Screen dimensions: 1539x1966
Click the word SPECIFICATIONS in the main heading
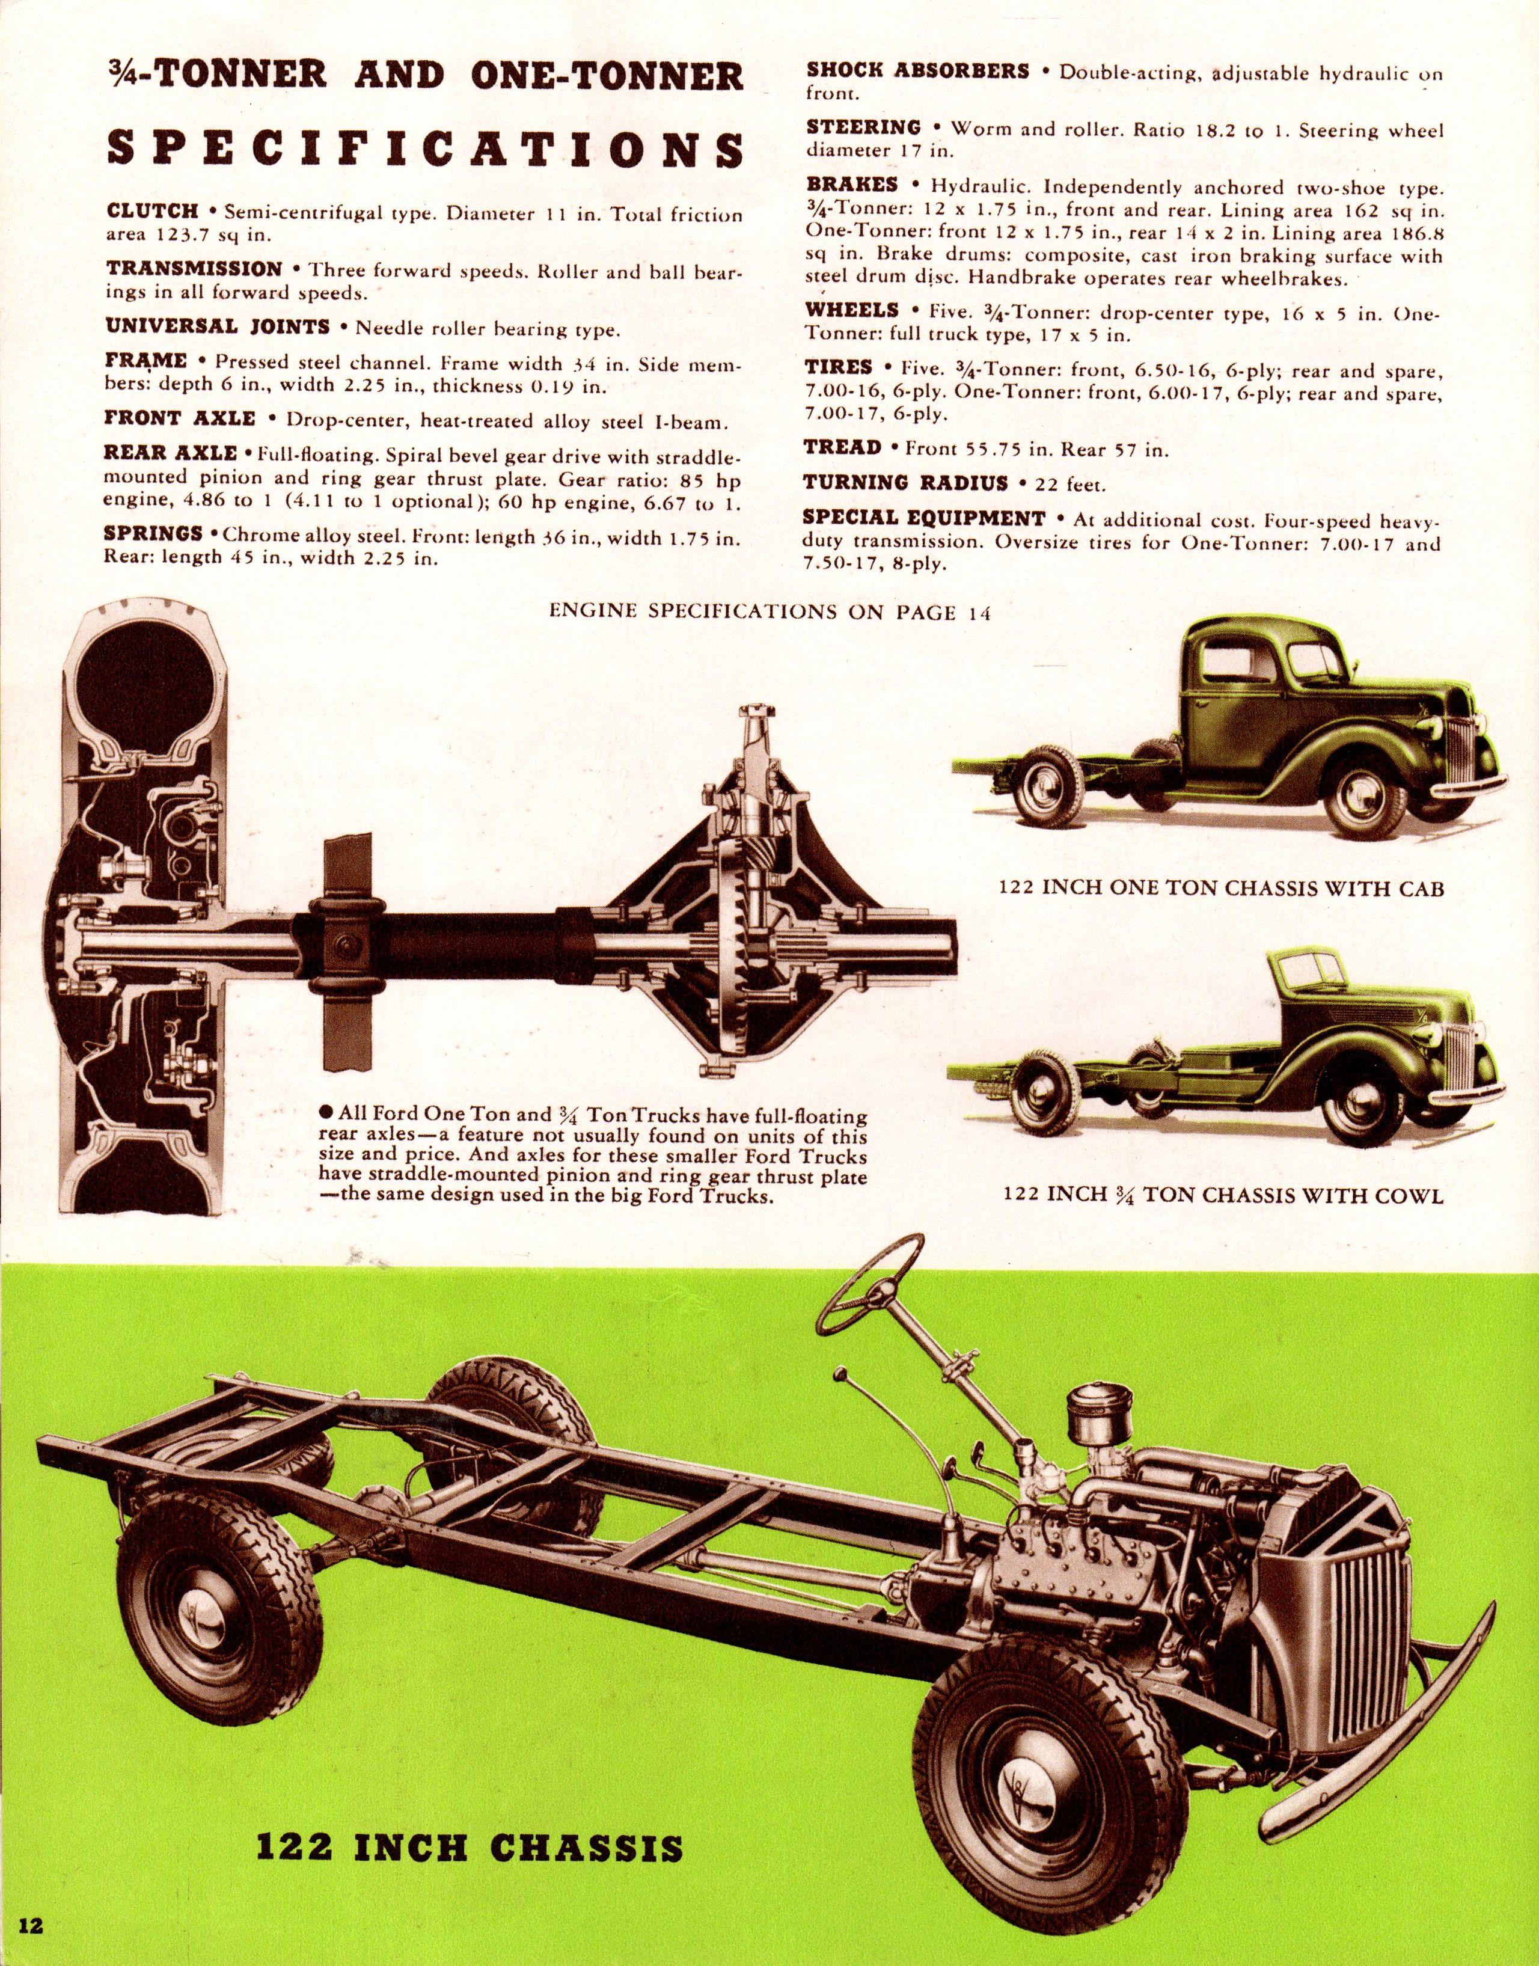424,149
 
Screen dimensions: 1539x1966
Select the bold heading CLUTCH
152,212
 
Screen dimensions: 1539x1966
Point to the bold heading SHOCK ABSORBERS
917,70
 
